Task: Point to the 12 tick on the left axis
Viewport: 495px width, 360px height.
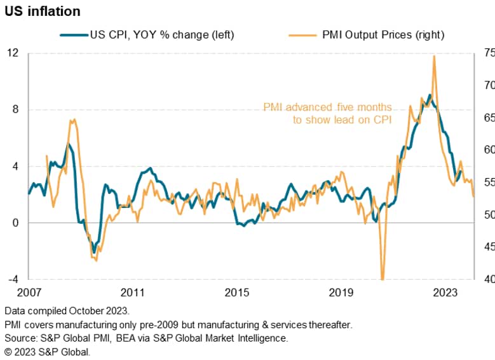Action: pyautogui.click(x=13, y=53)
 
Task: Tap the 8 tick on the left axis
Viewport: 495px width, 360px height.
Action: pyautogui.click(x=16, y=109)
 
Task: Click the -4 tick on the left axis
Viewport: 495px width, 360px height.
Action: pyautogui.click(x=13, y=279)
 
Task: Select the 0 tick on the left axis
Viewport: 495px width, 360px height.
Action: pyautogui.click(x=16, y=223)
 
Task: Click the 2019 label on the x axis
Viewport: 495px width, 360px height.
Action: pyautogui.click(x=341, y=293)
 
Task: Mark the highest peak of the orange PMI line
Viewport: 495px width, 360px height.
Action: pyautogui.click(x=434, y=56)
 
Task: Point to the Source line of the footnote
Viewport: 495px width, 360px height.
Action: pyautogui.click(x=146, y=338)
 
